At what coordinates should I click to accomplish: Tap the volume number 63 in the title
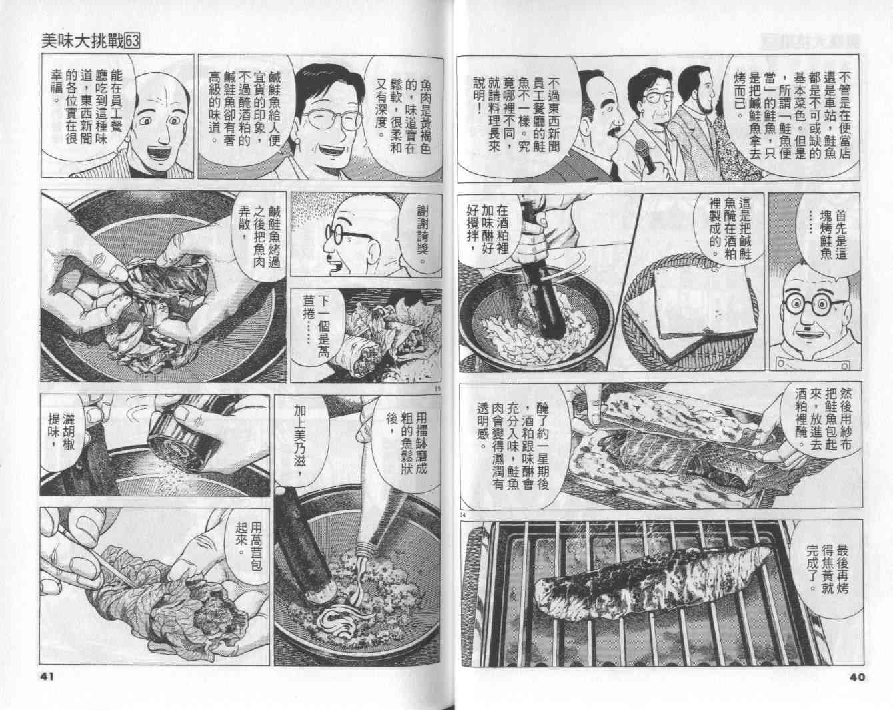pyautogui.click(x=132, y=41)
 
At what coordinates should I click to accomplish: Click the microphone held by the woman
pyautogui.click(x=646, y=155)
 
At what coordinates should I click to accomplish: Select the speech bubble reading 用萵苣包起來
pyautogui.click(x=247, y=545)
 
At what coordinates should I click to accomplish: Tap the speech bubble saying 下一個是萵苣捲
pyautogui.click(x=319, y=325)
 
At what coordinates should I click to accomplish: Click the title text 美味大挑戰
pyautogui.click(x=83, y=41)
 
